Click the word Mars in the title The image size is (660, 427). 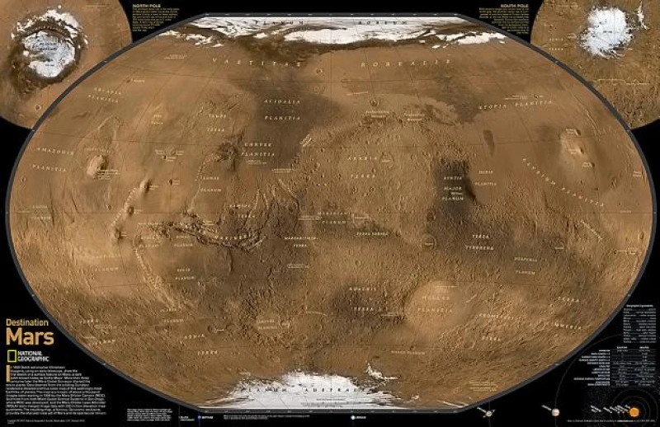[x=31, y=337]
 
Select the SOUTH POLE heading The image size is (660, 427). [x=494, y=5]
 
